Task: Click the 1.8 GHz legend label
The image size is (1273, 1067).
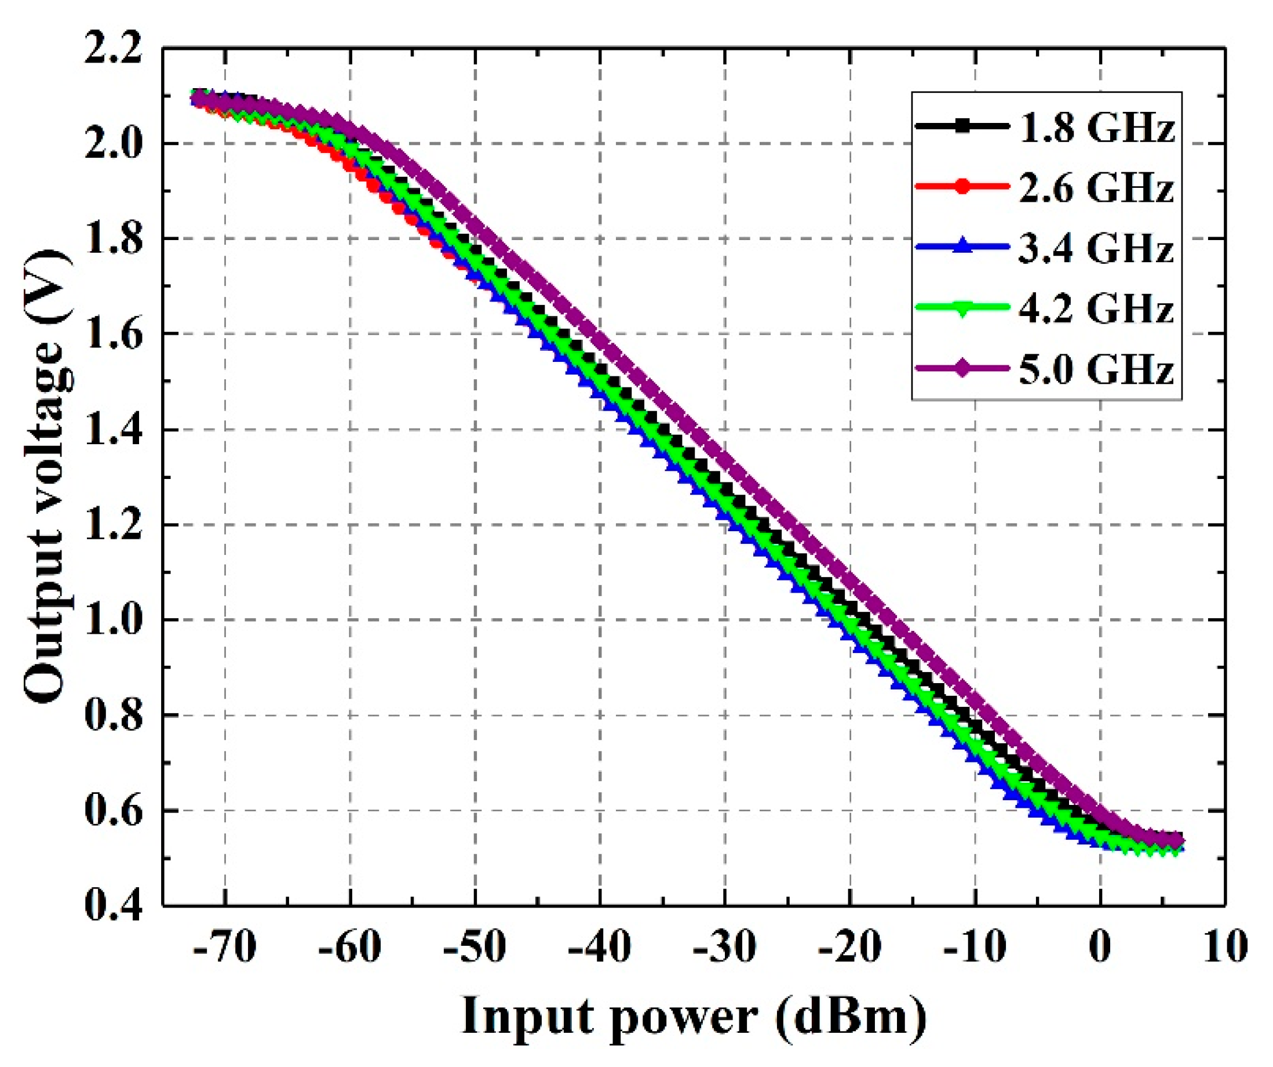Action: click(x=1096, y=128)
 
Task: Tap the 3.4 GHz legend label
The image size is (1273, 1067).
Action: click(x=1096, y=248)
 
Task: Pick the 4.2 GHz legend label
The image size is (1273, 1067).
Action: click(x=1096, y=308)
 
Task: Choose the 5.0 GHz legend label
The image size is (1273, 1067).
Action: click(x=1096, y=369)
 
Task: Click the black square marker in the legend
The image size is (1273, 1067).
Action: click(x=961, y=127)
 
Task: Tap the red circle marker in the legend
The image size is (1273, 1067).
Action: click(x=961, y=187)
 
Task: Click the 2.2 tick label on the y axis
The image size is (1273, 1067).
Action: click(x=113, y=49)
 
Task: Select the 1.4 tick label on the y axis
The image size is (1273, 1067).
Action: click(x=113, y=430)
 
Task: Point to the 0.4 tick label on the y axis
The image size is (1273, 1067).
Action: click(x=113, y=906)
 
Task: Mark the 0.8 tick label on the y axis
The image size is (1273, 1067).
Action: click(x=113, y=715)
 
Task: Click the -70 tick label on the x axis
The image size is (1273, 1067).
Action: click(x=225, y=947)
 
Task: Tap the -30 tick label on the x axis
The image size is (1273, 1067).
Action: click(x=724, y=947)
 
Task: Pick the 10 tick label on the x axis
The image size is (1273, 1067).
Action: click(x=1225, y=947)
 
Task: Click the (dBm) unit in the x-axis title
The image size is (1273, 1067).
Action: click(x=851, y=1017)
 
